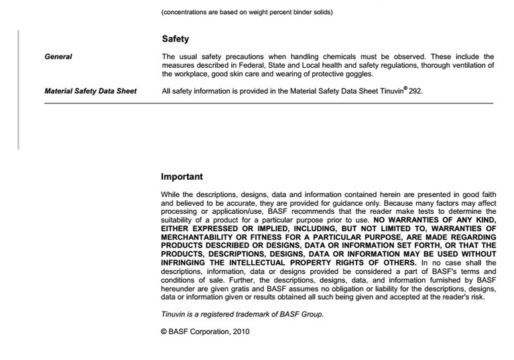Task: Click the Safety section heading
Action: pos(176,40)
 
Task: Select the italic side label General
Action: pos(58,57)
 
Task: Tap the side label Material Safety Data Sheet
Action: pos(90,91)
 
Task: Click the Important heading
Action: pos(182,177)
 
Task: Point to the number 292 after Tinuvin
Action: pos(415,91)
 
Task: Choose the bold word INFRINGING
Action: pos(187,263)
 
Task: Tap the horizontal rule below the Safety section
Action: pos(268,103)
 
